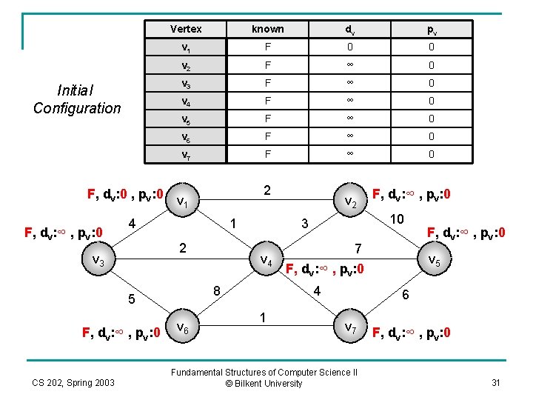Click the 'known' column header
(267, 29)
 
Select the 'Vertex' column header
(186, 29)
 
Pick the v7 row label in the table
(186, 154)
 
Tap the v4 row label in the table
(186, 100)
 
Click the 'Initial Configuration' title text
(76, 99)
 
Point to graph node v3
(97, 261)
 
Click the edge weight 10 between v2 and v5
(397, 220)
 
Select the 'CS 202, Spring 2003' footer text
(73, 382)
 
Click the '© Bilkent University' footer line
(265, 384)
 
